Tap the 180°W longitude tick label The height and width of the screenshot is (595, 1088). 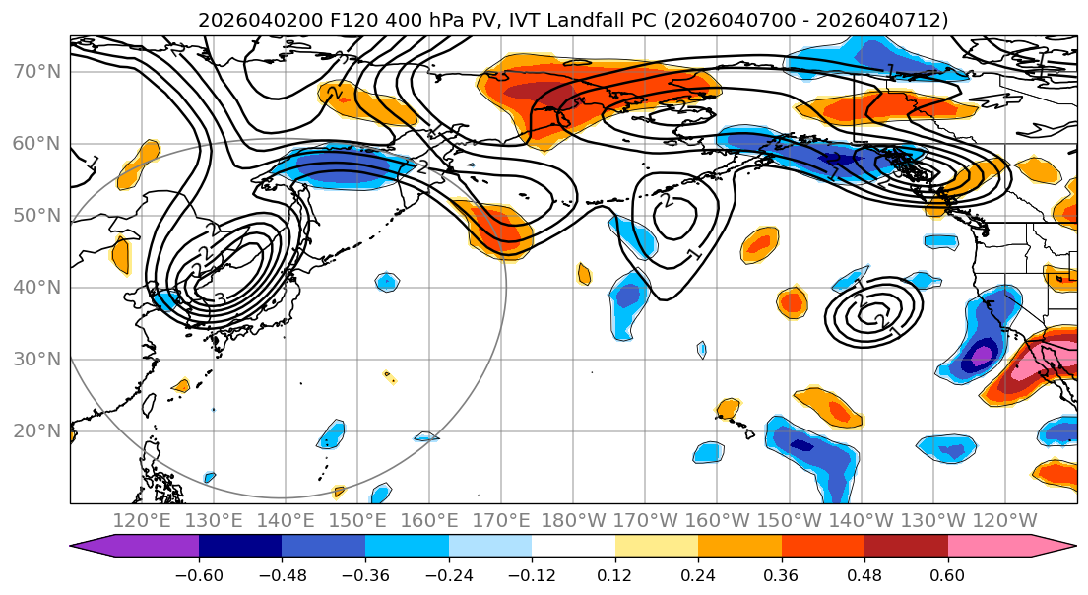(575, 520)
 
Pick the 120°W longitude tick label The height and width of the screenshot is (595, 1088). (1005, 520)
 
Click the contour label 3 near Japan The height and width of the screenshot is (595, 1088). (219, 298)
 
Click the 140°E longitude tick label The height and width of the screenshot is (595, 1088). (287, 520)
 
